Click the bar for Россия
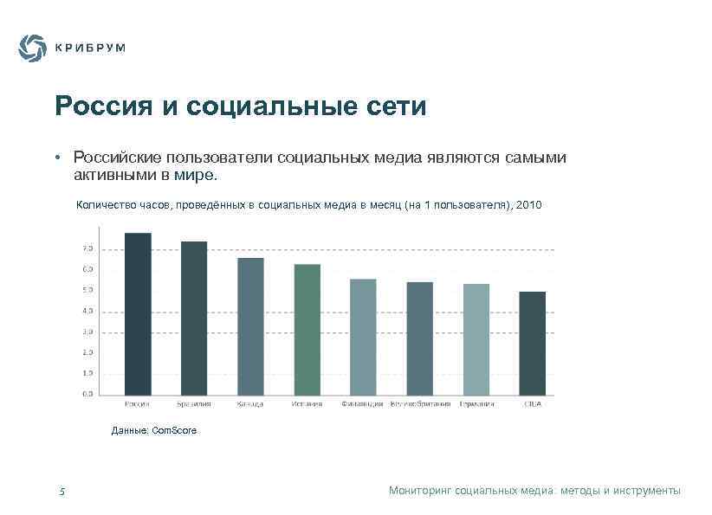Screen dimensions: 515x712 point(138,313)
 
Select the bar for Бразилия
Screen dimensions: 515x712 point(194,318)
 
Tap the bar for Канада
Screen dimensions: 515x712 point(250,326)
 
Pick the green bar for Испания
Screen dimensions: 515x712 point(307,329)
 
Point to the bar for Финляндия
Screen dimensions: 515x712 point(363,337)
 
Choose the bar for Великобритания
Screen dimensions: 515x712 point(419,338)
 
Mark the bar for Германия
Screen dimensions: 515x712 point(476,339)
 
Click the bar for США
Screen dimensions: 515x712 point(532,343)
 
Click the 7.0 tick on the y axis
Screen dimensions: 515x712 point(88,248)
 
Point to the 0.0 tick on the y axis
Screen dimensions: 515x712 point(88,394)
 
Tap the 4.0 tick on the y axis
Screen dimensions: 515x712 point(88,311)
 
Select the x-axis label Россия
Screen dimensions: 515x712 point(138,404)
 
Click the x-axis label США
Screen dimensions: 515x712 point(532,404)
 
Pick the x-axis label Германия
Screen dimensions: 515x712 point(476,404)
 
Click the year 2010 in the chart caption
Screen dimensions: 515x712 point(528,205)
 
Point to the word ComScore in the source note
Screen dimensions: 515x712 point(174,430)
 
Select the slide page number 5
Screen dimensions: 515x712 point(62,492)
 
